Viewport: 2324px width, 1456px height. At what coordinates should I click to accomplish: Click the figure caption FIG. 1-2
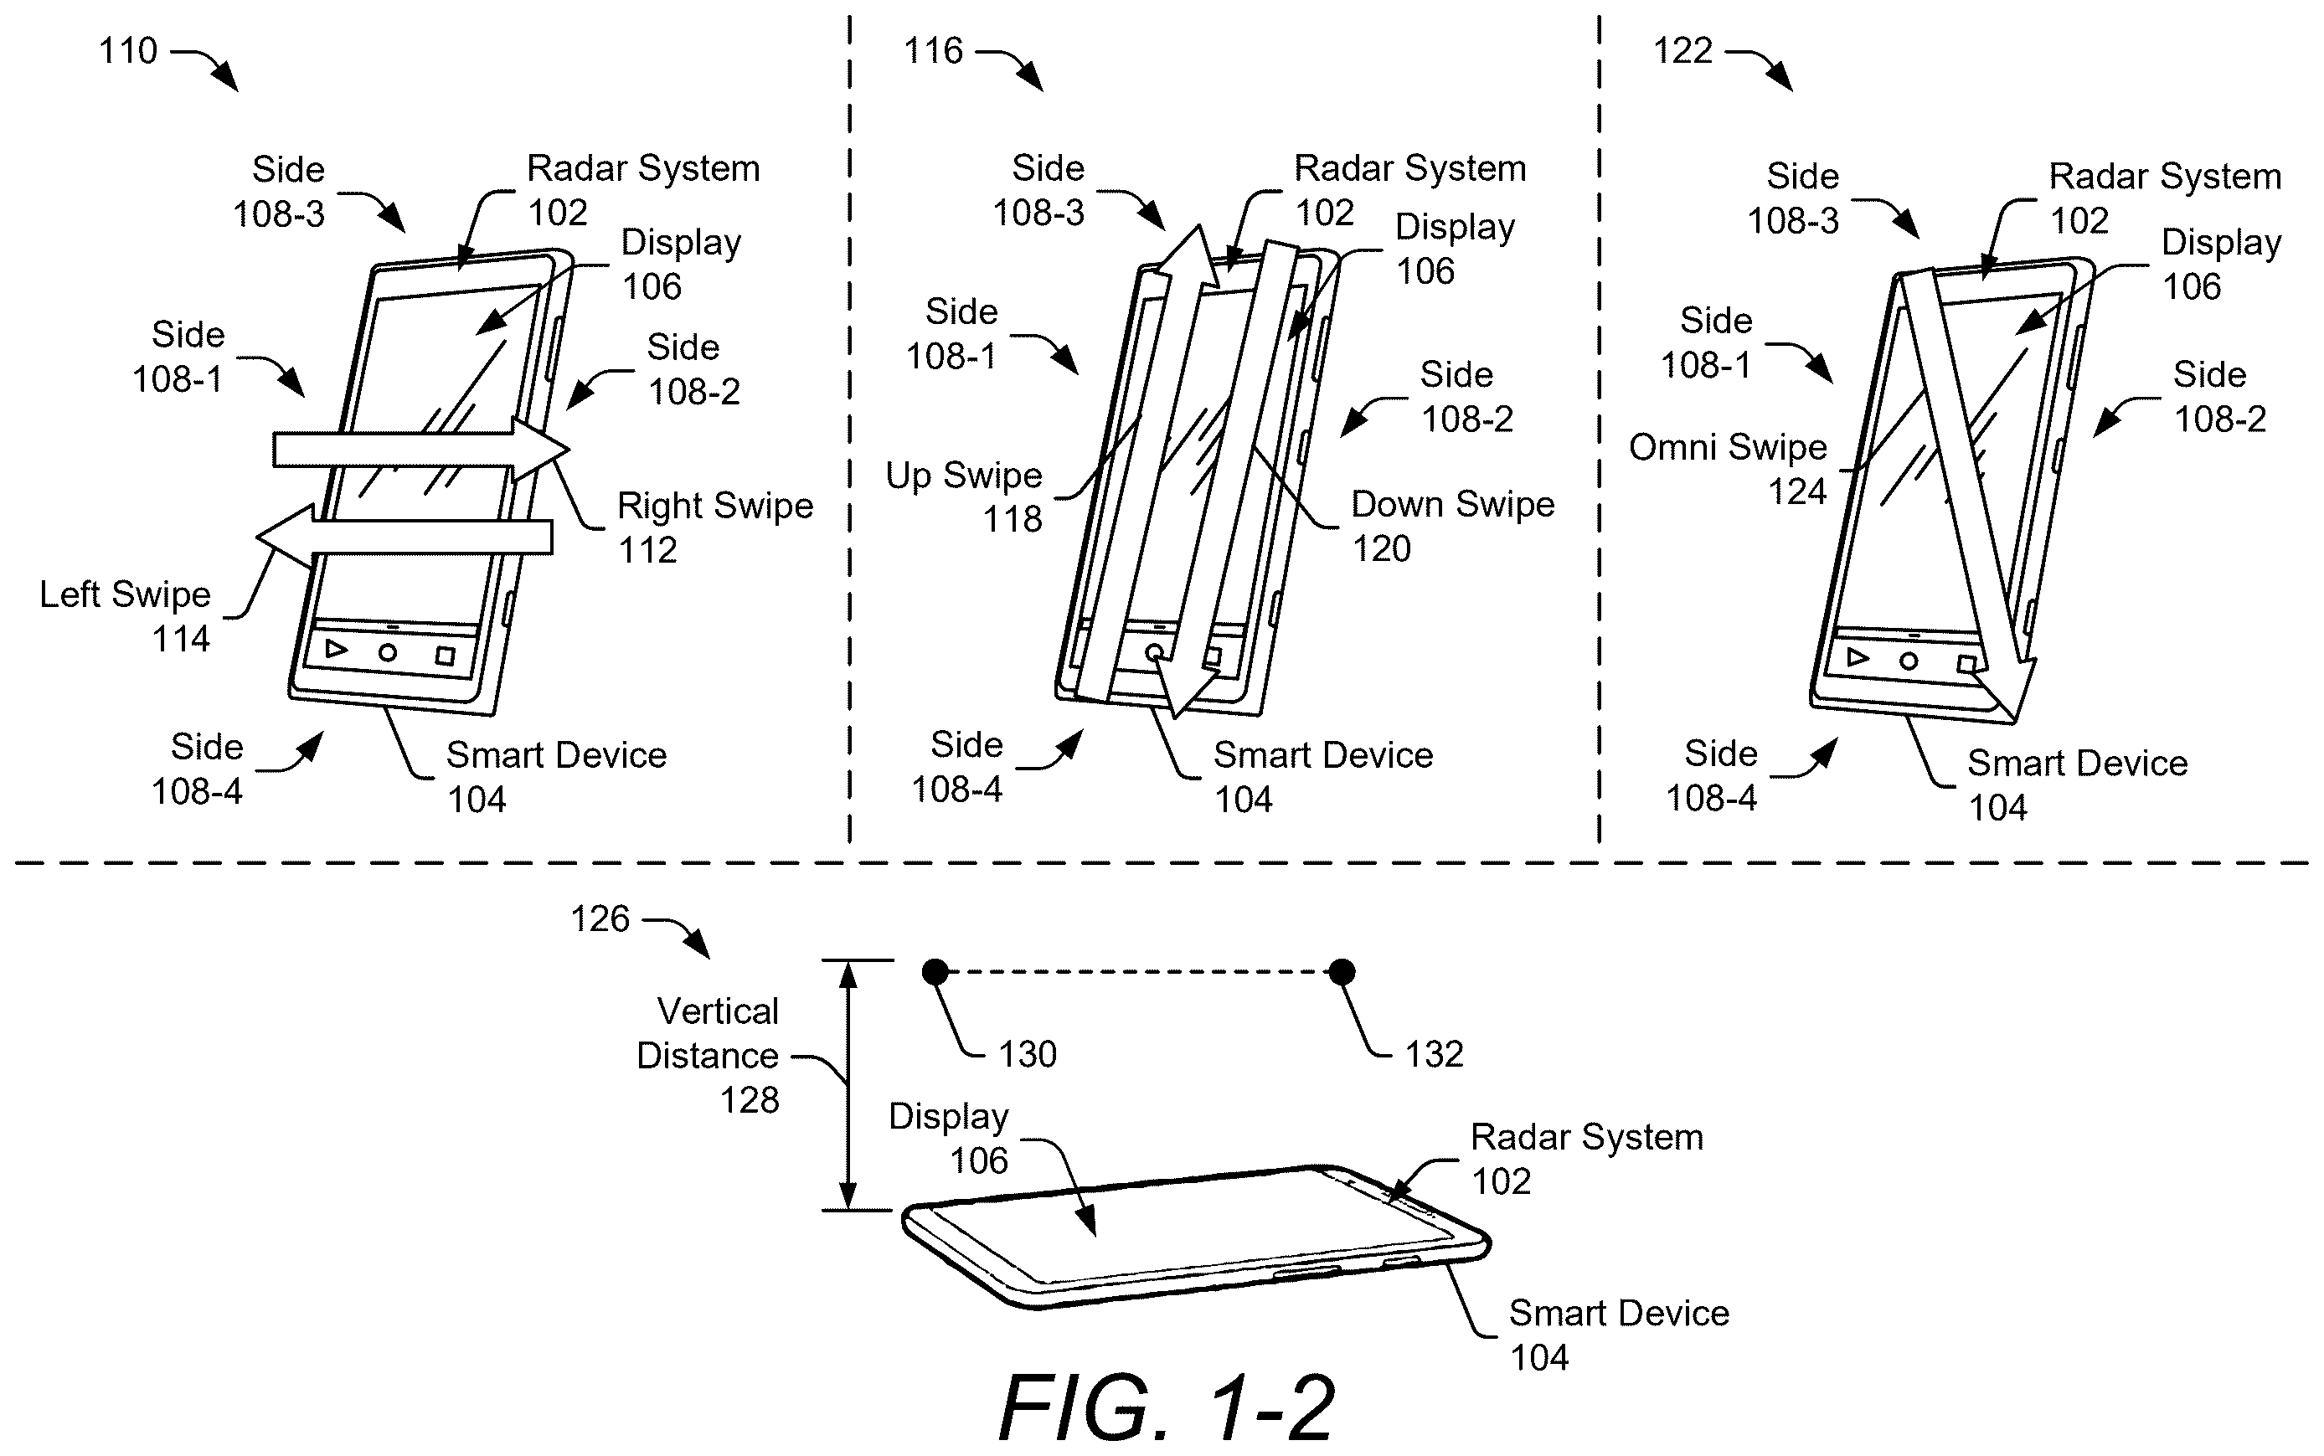pyautogui.click(x=1167, y=1407)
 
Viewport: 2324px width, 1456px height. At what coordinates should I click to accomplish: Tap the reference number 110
pyautogui.click(x=128, y=51)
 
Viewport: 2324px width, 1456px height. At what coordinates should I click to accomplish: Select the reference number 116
pyautogui.click(x=933, y=51)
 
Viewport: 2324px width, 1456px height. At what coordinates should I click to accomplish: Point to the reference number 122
pyautogui.click(x=1682, y=51)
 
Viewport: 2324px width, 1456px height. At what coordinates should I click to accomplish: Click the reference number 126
pyautogui.click(x=600, y=919)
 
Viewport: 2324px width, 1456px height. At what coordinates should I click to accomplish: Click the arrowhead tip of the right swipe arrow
pyautogui.click(x=569, y=449)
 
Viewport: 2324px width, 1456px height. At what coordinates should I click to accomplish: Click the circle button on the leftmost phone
pyautogui.click(x=387, y=653)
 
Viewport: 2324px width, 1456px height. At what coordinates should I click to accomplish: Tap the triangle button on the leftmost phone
pyautogui.click(x=336, y=649)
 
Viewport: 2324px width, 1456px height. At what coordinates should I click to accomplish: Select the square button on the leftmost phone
pyautogui.click(x=445, y=656)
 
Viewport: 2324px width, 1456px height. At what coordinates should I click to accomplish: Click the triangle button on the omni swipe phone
pyautogui.click(x=1858, y=658)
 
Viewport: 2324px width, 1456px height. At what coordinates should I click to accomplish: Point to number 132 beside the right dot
pyautogui.click(x=1434, y=1054)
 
